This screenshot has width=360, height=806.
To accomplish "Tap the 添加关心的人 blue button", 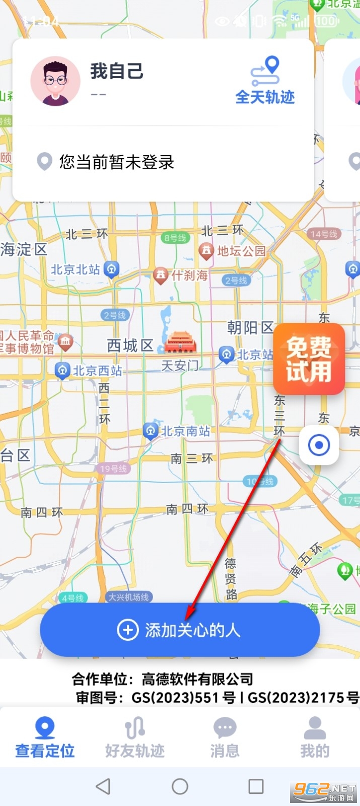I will [x=180, y=630].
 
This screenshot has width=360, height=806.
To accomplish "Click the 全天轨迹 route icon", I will [x=265, y=72].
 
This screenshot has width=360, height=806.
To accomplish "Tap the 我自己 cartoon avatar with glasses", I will [x=55, y=81].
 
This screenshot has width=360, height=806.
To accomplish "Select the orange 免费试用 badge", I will [x=309, y=359].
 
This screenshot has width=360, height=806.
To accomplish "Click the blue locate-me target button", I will [x=319, y=445].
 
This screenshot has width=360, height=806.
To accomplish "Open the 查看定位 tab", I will [x=45, y=737].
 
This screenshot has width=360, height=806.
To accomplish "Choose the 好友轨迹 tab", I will [x=135, y=737].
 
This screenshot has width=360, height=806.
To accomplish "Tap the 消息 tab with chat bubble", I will [x=225, y=737].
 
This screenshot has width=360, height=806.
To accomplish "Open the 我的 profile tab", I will [x=315, y=737].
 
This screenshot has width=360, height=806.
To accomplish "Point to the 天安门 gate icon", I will [x=180, y=343].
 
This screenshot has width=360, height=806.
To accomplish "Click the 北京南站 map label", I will [x=185, y=431].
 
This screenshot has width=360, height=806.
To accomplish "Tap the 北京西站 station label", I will [x=97, y=371].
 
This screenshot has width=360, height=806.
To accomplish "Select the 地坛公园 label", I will [x=241, y=251].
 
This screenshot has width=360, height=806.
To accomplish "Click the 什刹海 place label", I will [x=189, y=275].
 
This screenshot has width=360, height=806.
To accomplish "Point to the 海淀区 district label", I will [x=24, y=249].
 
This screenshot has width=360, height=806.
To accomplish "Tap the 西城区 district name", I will [x=130, y=346].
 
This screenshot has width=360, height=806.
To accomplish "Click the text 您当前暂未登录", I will [x=117, y=162].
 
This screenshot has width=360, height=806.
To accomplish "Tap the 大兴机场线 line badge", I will [x=129, y=597].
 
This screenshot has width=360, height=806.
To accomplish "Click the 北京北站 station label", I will [x=76, y=270].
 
